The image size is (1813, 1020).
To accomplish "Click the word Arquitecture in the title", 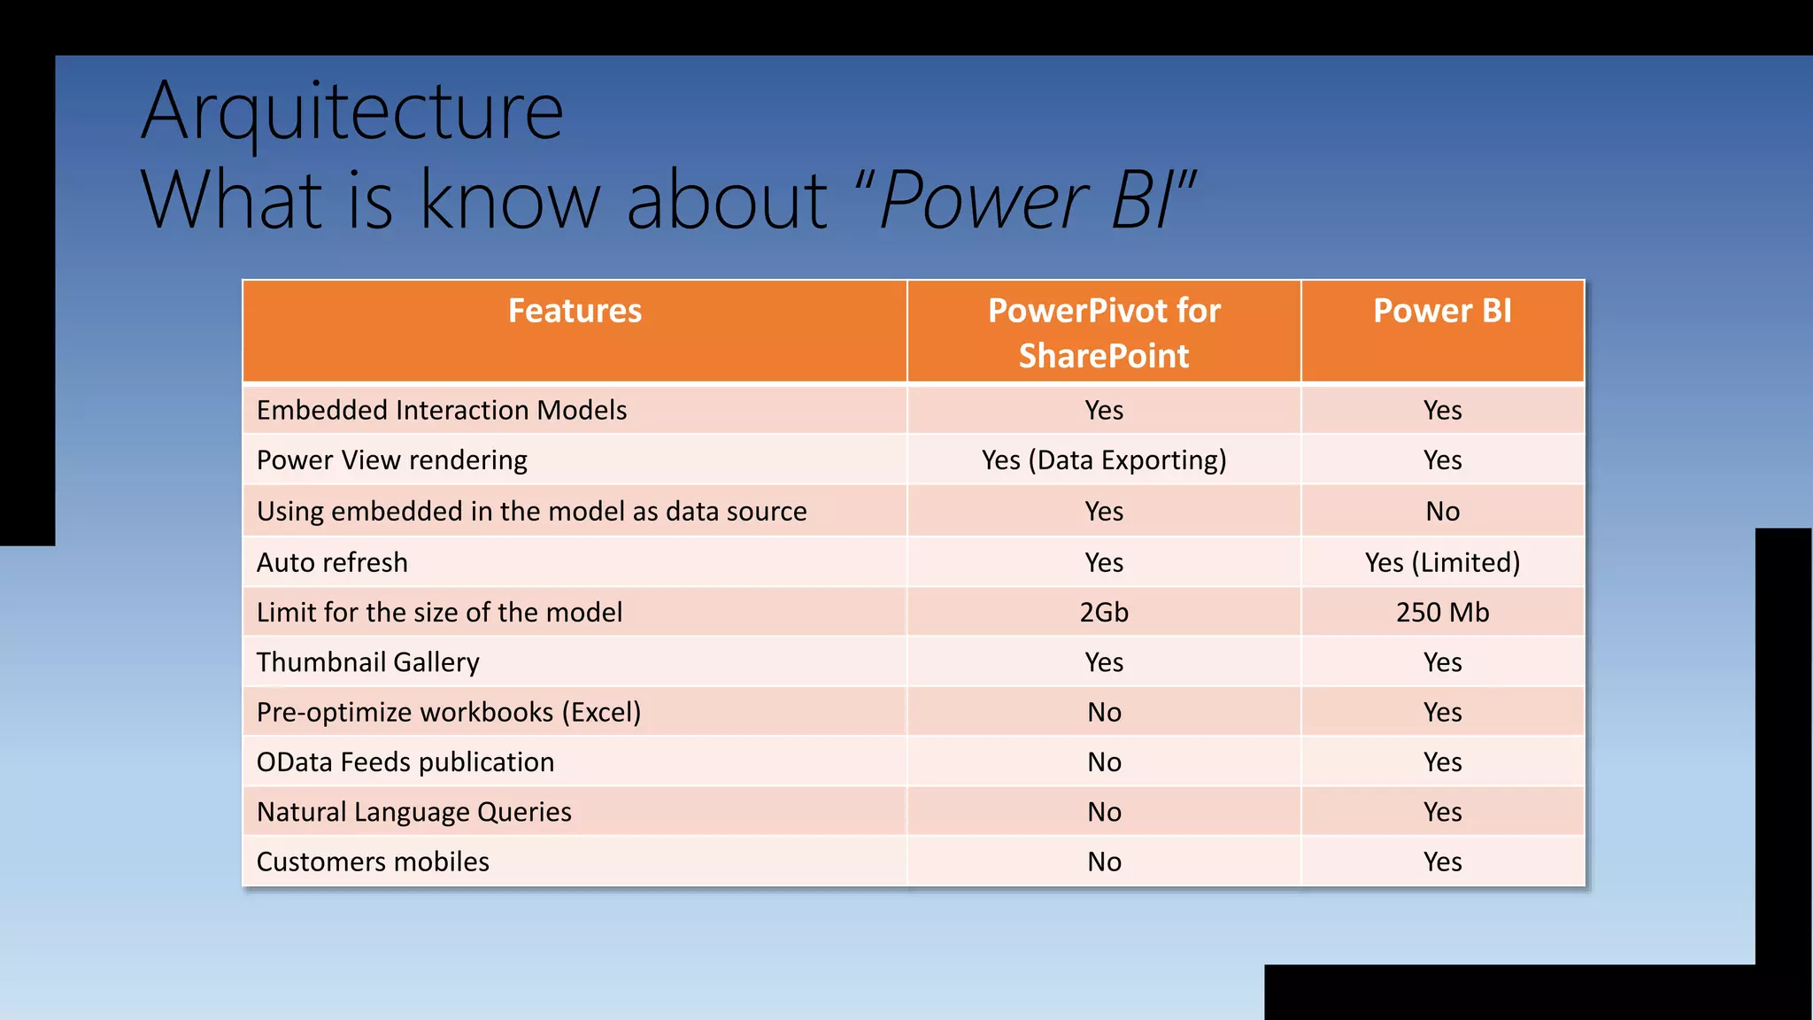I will point(351,112).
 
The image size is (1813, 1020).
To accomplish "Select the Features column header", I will point(575,312).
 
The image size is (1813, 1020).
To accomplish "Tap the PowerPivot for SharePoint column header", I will point(1103,332).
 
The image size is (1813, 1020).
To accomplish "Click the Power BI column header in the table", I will point(1442,312).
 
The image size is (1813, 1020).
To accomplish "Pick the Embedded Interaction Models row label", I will point(441,410).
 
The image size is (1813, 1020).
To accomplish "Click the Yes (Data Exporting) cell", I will point(1103,460).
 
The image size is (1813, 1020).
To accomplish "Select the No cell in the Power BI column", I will point(1442,511).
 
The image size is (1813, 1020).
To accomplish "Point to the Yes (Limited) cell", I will point(1442,562).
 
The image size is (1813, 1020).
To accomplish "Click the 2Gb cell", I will point(1103,612).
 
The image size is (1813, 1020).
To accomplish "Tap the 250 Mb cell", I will point(1442,612).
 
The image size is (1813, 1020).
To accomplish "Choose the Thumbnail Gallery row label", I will point(367,662).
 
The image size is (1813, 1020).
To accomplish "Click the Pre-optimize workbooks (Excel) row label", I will point(448,712).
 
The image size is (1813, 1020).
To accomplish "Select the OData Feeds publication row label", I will point(405,762).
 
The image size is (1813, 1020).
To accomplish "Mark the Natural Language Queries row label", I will point(413,812).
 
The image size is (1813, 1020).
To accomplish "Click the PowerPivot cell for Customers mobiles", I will point(1103,862).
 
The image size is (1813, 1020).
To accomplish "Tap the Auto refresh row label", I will point(332,562).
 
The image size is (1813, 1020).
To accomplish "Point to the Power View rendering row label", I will point(391,460).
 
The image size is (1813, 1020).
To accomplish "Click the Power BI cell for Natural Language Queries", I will point(1442,812).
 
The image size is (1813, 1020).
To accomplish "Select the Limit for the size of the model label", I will point(439,612).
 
